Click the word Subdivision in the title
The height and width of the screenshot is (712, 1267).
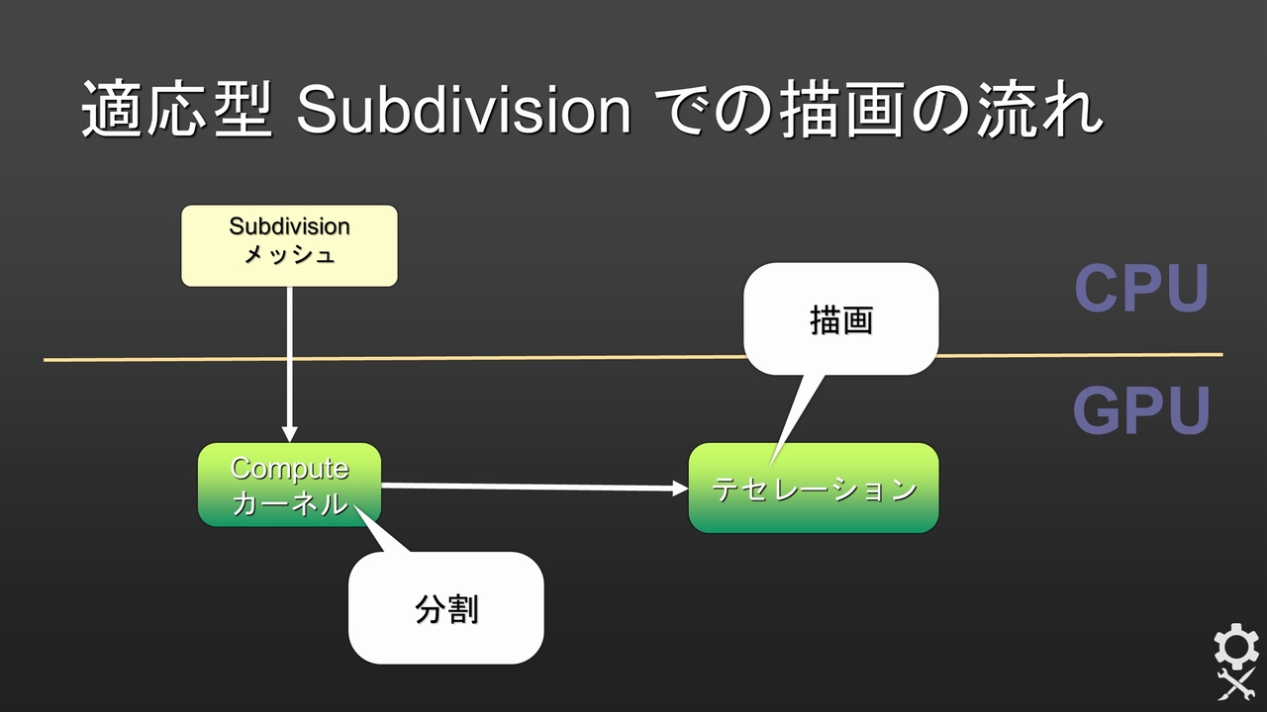coord(463,110)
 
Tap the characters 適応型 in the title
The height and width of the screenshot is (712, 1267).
coord(176,110)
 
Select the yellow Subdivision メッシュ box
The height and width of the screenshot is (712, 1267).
coord(289,245)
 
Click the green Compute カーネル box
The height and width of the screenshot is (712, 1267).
coord(289,485)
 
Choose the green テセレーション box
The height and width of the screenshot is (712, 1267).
coord(814,489)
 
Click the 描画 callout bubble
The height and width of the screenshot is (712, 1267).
coord(840,319)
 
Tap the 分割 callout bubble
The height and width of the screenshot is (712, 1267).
coord(446,608)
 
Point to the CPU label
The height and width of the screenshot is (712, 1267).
coord(1141,288)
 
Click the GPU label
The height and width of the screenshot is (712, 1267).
coord(1141,410)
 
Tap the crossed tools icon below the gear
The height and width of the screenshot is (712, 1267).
coord(1235,683)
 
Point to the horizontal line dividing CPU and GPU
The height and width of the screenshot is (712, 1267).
coord(594,357)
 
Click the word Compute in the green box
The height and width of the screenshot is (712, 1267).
coord(289,468)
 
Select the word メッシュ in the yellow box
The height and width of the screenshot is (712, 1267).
coord(289,255)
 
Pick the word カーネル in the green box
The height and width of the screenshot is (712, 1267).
coord(289,502)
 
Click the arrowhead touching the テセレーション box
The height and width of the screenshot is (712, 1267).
coord(680,489)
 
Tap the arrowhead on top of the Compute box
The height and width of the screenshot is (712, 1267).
coord(289,434)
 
